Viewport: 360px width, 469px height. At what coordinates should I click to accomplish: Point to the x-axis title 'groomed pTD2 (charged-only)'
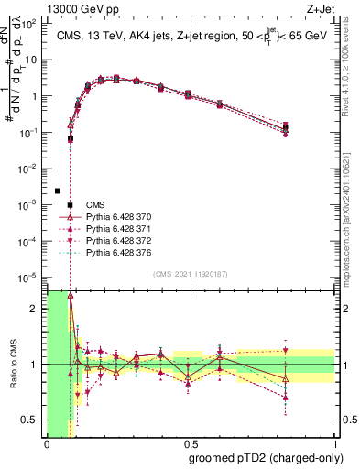(x=264, y=459)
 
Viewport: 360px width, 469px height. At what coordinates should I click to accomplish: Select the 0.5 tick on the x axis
(x=190, y=444)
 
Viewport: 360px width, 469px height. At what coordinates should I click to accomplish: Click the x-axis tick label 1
(x=333, y=444)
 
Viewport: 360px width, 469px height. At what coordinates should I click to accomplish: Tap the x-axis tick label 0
(x=47, y=444)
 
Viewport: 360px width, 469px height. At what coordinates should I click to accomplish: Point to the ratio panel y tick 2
(x=38, y=309)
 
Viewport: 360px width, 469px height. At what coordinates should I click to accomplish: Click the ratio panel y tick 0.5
(x=33, y=420)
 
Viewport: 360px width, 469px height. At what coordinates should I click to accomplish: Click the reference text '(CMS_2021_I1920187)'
(x=190, y=274)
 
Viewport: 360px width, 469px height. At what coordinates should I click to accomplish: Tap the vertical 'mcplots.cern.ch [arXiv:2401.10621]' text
(x=352, y=212)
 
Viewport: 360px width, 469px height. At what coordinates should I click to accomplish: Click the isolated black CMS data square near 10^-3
(x=58, y=191)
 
